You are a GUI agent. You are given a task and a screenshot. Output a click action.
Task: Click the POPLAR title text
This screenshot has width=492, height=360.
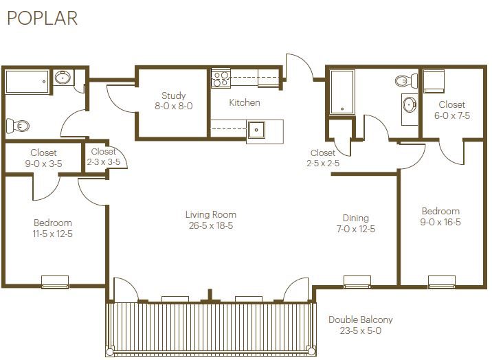tap(43, 18)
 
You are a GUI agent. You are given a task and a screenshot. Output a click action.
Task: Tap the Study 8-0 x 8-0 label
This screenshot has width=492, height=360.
tap(174, 101)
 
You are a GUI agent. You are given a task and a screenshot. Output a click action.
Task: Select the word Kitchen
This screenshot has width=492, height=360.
tap(245, 102)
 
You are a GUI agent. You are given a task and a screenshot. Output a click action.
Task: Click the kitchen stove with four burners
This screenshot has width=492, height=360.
tap(221, 78)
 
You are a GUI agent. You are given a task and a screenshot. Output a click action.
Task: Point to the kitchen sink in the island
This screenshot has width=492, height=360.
tap(256, 130)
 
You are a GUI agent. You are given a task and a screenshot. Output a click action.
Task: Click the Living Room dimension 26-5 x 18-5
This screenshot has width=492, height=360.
tap(211, 226)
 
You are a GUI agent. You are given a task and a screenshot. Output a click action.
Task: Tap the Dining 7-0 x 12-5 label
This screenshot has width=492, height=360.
tap(355, 223)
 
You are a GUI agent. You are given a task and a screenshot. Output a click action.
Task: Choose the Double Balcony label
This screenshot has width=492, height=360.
tap(361, 320)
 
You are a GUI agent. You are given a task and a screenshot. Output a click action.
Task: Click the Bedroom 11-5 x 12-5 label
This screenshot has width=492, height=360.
tap(53, 228)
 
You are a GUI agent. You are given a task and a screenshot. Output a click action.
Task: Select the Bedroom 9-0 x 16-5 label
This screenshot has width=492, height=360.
tap(440, 216)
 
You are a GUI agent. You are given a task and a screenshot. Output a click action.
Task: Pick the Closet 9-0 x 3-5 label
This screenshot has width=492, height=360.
tap(43, 158)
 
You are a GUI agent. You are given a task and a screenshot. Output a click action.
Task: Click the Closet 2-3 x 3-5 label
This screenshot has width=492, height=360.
tap(104, 157)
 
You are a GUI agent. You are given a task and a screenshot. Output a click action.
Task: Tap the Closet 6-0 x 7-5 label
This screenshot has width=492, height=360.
tap(452, 110)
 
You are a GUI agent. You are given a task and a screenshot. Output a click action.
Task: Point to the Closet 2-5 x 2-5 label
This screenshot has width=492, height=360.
tap(323, 158)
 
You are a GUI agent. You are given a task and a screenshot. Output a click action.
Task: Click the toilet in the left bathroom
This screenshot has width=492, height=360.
tap(18, 126)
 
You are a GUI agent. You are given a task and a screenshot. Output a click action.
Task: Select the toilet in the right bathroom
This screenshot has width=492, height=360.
tap(406, 81)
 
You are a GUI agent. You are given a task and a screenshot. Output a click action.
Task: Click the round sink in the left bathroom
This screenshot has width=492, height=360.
tap(63, 77)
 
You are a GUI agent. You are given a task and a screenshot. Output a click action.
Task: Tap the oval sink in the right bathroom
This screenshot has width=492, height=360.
tap(410, 104)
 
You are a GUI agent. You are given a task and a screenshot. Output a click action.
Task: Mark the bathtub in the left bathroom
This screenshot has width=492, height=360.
tap(27, 82)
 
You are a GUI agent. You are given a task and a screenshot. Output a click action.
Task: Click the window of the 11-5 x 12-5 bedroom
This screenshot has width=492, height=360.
tap(55, 282)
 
